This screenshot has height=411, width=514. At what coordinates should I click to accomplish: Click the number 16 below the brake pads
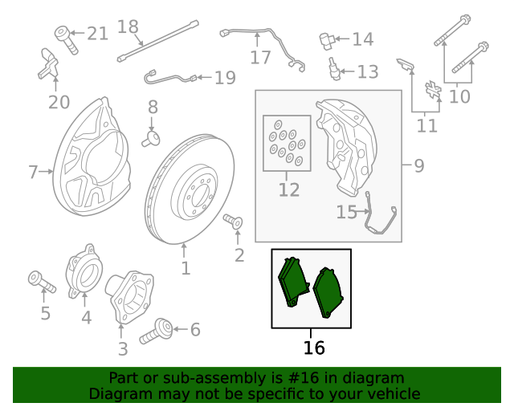pos(314,348)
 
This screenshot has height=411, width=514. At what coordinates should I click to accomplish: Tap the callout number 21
pos(97,33)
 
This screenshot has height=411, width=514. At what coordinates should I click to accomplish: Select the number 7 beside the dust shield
pos(33,172)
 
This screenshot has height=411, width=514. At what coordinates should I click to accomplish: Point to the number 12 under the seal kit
pos(288,190)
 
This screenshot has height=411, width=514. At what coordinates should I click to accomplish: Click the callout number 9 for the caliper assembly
pos(418,166)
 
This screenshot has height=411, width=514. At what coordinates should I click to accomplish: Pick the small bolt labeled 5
pos(41,281)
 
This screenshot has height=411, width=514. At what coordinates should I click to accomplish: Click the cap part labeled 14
pos(325,39)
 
